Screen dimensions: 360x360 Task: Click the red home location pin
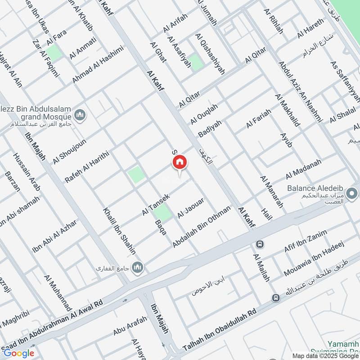[x=180, y=162]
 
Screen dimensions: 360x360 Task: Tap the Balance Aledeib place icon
[x=352, y=194]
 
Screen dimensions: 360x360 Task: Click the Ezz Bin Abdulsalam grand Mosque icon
[x=81, y=116]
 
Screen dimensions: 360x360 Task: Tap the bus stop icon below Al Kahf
[x=260, y=244]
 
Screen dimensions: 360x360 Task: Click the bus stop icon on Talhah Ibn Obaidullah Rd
[x=275, y=298]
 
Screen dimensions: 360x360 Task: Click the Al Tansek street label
[x=156, y=204]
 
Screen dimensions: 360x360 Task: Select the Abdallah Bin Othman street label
[x=202, y=227]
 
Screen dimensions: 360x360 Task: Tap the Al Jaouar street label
[x=191, y=208]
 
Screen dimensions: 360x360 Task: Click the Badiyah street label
[x=210, y=128]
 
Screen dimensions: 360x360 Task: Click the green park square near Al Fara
[x=54, y=53]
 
